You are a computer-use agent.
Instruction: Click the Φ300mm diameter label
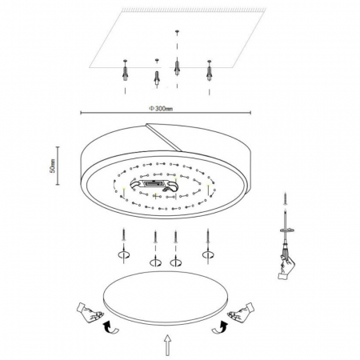pos(161,109)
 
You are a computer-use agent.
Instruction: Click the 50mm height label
pos(53,166)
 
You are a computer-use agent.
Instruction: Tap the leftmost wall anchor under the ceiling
pos(125,70)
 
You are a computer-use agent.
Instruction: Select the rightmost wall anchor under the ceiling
pos(210,70)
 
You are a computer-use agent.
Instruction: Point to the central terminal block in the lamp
pos(154,184)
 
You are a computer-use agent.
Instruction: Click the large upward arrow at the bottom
pos(167,345)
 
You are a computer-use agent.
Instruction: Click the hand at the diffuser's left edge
pos(90,312)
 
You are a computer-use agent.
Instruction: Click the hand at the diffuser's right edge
pos(241,312)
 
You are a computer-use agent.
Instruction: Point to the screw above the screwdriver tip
pos(286,198)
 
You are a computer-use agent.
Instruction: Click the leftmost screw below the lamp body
pos(123,234)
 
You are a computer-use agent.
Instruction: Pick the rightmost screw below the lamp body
pos(208,234)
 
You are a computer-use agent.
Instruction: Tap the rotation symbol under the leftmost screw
pos(124,254)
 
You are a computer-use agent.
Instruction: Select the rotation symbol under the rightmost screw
pos(208,254)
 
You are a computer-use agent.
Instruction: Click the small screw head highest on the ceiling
pos(177,32)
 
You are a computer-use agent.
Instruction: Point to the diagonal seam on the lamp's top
pos(164,137)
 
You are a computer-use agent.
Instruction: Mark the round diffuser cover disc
pos(166,298)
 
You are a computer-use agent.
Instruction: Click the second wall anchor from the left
pos(157,78)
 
